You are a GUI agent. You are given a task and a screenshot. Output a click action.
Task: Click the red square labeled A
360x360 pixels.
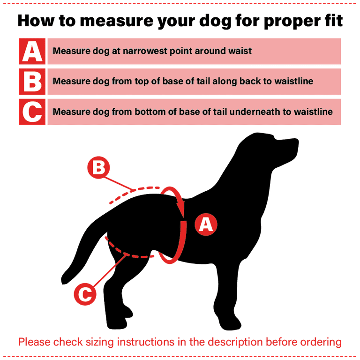32,51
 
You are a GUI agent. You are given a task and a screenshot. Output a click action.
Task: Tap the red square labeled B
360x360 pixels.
32,82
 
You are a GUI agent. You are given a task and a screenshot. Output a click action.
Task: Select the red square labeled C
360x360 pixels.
32,112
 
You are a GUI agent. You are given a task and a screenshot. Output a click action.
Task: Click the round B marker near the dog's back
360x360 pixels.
98,167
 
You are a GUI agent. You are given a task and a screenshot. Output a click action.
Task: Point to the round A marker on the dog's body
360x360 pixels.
206,225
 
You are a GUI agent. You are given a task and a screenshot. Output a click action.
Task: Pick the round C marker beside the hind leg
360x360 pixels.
85,294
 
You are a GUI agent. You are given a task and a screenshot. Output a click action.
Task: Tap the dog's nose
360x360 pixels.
296,141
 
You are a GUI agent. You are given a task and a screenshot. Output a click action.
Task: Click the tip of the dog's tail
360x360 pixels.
64,281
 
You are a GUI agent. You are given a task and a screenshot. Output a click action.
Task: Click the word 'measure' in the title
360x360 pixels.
116,21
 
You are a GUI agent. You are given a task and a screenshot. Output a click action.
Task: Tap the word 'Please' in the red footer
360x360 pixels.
34,342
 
